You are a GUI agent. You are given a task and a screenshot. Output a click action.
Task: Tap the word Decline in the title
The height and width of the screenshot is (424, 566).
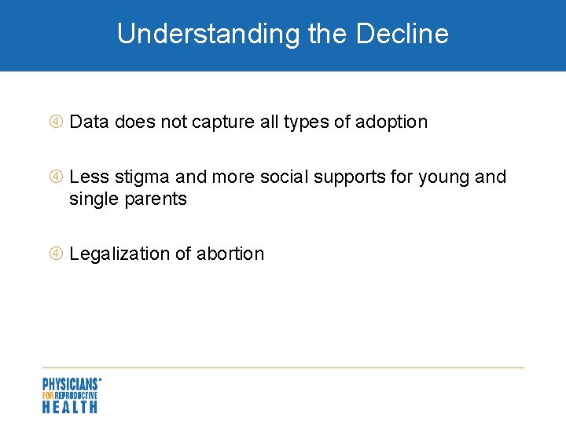402,34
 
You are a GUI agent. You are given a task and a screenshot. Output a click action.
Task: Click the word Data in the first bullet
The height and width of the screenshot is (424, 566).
90,122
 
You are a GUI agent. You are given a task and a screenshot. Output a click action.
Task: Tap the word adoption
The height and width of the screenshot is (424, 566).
391,122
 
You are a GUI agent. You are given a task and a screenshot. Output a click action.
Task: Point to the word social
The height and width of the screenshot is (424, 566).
285,177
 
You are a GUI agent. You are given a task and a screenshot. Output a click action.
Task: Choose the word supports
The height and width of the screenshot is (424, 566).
350,177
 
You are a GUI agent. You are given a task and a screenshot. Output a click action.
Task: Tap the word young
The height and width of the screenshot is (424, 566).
443,177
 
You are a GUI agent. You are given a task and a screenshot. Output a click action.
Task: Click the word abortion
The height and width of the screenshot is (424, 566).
230,254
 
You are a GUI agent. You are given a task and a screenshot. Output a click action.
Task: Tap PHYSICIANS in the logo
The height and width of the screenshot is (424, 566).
70,384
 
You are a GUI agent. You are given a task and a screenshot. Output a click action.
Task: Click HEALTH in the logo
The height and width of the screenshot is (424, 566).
70,407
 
